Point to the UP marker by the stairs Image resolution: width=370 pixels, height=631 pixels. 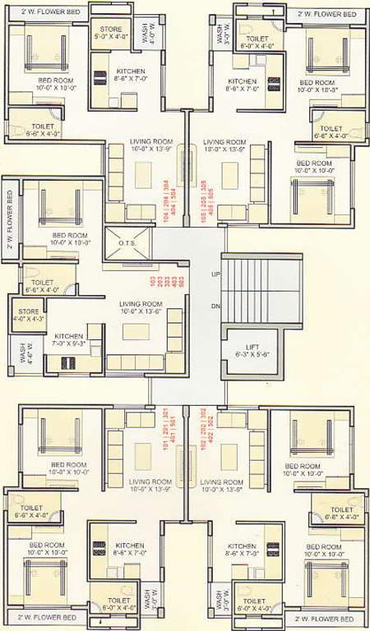click(215, 274)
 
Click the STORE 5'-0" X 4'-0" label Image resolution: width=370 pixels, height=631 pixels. click(105, 32)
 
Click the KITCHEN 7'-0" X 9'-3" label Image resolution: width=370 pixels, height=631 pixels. click(69, 341)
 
